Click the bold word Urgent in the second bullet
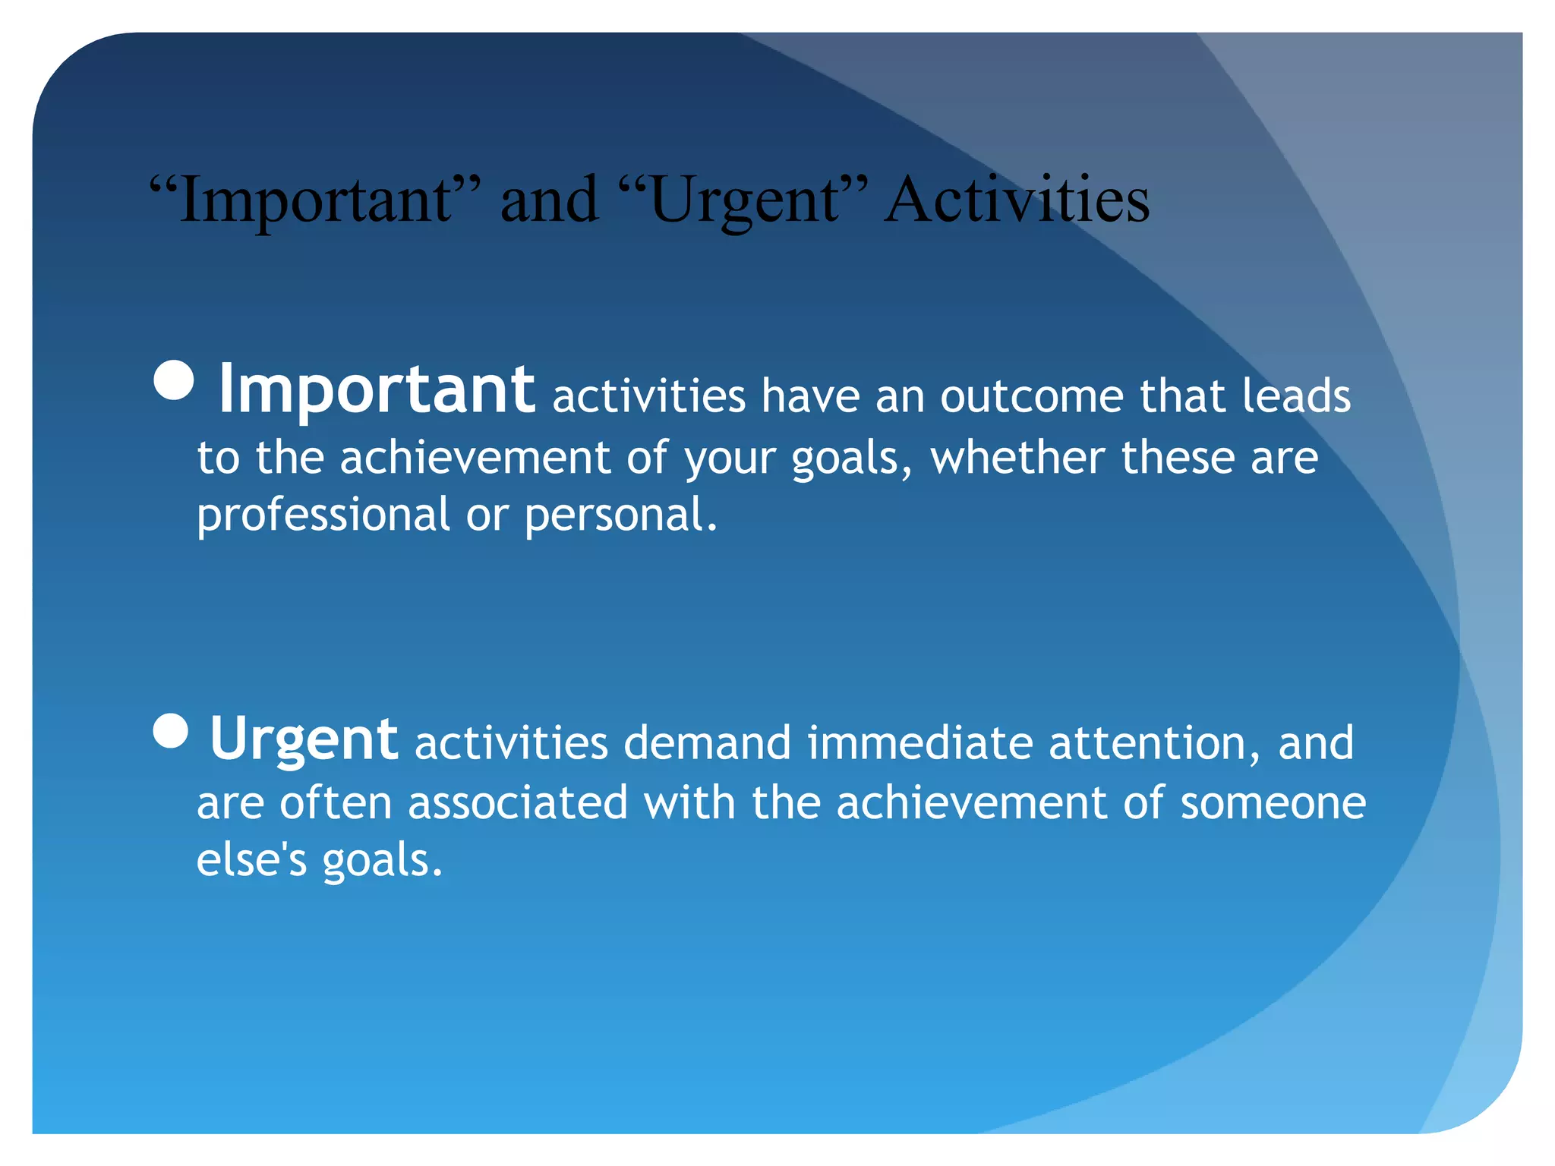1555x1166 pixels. (x=303, y=739)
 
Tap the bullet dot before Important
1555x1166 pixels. (x=174, y=380)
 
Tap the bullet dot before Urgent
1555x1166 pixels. (x=171, y=731)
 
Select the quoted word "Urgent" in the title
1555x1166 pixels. (x=744, y=201)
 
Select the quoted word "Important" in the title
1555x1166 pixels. (x=315, y=201)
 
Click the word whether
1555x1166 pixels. (x=1017, y=458)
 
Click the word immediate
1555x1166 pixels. (x=919, y=742)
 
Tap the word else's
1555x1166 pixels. (x=251, y=860)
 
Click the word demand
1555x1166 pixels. (x=707, y=742)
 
